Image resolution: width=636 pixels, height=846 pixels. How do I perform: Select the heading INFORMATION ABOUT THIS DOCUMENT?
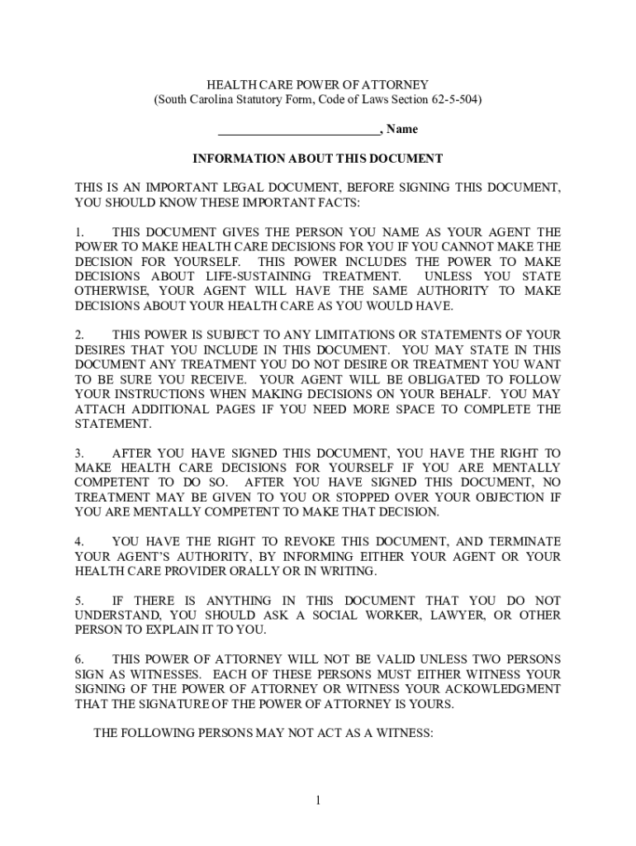pyautogui.click(x=318, y=158)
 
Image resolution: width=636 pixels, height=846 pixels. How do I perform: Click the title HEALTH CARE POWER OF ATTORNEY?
pyautogui.click(x=318, y=85)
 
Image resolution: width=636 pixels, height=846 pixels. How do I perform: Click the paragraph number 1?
pyautogui.click(x=78, y=232)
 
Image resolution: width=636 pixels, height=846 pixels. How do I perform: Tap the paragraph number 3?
pyautogui.click(x=78, y=454)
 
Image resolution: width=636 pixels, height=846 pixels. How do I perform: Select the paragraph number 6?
pyautogui.click(x=78, y=659)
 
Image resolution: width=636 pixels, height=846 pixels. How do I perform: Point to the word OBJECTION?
pyautogui.click(x=505, y=497)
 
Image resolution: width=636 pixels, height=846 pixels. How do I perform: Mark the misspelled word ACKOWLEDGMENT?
pyautogui.click(x=502, y=689)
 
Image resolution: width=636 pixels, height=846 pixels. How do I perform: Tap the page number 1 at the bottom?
pyautogui.click(x=318, y=801)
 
